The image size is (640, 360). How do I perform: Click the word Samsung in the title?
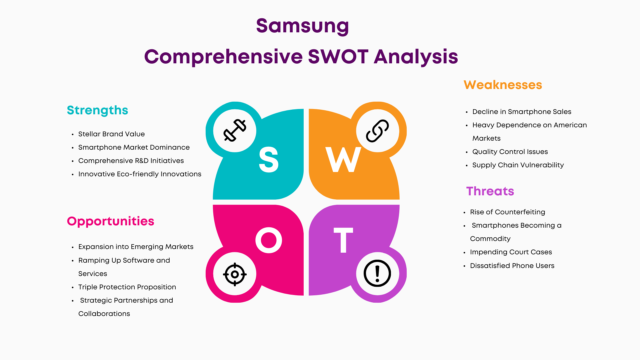click(x=302, y=26)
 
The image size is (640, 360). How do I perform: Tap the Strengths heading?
click(x=97, y=110)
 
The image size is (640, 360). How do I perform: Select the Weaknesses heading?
click(x=503, y=85)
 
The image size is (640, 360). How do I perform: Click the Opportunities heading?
click(x=110, y=221)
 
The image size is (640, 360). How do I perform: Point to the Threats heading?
click(x=490, y=191)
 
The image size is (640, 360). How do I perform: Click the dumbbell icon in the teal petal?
click(x=235, y=130)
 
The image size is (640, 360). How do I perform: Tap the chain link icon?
click(x=377, y=131)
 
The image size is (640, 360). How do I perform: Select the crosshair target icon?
click(x=235, y=274)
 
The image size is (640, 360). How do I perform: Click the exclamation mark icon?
click(x=377, y=273)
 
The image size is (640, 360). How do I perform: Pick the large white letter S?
click(x=269, y=160)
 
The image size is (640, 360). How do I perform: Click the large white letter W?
click(x=343, y=160)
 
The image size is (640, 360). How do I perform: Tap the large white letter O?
click(x=269, y=240)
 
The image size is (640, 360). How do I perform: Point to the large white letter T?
click(x=343, y=240)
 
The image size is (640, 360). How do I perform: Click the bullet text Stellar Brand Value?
click(x=111, y=134)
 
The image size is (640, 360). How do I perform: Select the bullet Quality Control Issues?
click(x=510, y=152)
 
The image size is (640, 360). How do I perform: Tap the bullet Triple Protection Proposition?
click(x=127, y=287)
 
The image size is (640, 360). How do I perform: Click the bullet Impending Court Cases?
click(x=511, y=252)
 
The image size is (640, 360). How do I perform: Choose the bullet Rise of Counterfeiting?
click(x=508, y=212)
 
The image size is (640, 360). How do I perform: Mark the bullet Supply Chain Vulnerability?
click(x=518, y=165)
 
